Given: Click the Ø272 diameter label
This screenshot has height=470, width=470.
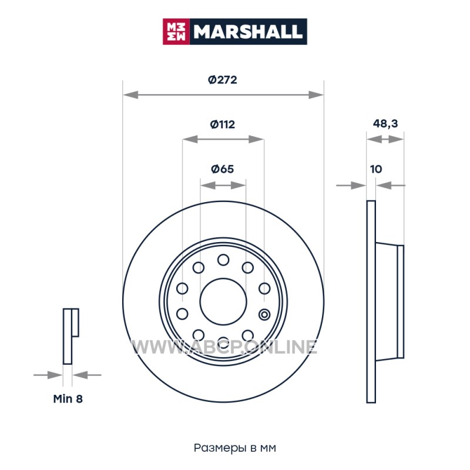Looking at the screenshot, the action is point(223,80).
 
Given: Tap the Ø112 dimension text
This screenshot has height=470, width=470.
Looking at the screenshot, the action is point(223,124).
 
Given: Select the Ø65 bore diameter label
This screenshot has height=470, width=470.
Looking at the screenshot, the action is point(223,169).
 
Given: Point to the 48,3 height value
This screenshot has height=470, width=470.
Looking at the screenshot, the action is point(385,123).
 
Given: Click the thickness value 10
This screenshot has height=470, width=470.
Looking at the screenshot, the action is point(376,169).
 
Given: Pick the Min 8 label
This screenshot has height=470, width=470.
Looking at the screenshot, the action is point(68,399).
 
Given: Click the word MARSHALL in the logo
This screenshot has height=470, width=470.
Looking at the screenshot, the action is point(248,32).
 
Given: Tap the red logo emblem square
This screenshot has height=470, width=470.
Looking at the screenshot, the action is point(176,32).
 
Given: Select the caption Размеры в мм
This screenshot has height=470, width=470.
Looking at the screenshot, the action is point(234,448).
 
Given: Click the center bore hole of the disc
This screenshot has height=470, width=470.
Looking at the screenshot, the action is point(223,301).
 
